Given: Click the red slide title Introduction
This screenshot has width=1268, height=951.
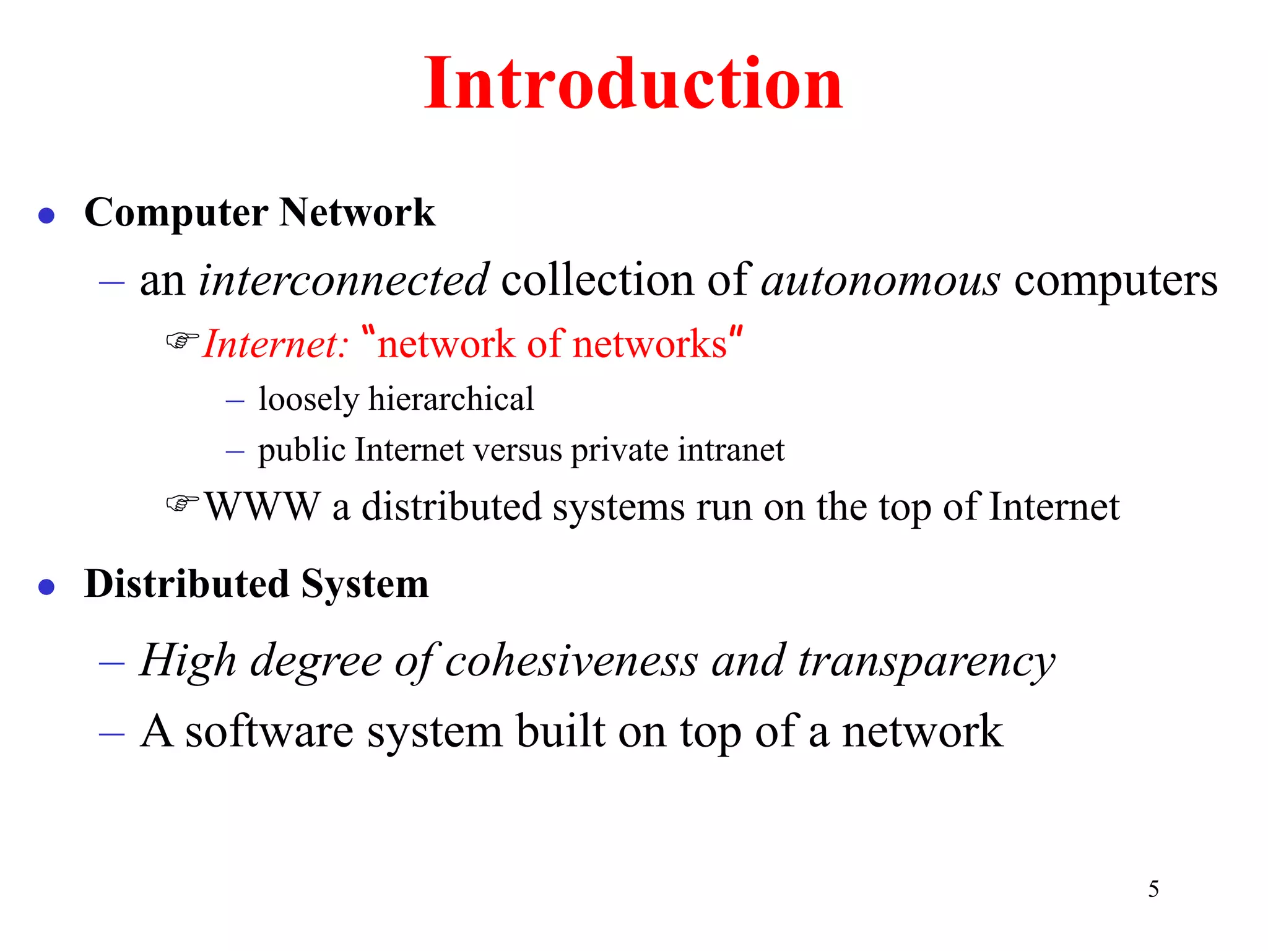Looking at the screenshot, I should coord(633,84).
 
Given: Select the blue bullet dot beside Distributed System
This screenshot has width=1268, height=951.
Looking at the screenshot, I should coord(46,586).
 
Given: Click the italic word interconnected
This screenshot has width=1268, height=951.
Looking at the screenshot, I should coord(344,280).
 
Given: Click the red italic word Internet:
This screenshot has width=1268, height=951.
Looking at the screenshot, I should coord(276,344).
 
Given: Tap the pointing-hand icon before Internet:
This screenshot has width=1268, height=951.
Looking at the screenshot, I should coord(182,340).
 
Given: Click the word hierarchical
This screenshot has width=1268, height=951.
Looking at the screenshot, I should coord(451,399).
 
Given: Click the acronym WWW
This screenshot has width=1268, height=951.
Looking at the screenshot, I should coord(263,506).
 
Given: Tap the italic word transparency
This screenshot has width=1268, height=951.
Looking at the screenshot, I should coord(926,661).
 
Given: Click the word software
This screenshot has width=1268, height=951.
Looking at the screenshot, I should coord(269,732).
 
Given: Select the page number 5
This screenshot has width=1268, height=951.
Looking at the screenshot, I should coord(1153,889).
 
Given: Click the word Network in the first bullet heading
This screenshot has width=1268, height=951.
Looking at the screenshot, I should coord(357,212).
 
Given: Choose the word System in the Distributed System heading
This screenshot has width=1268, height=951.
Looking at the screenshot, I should coord(365,584).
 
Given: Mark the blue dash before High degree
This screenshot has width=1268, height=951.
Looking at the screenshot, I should coord(111,663).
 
